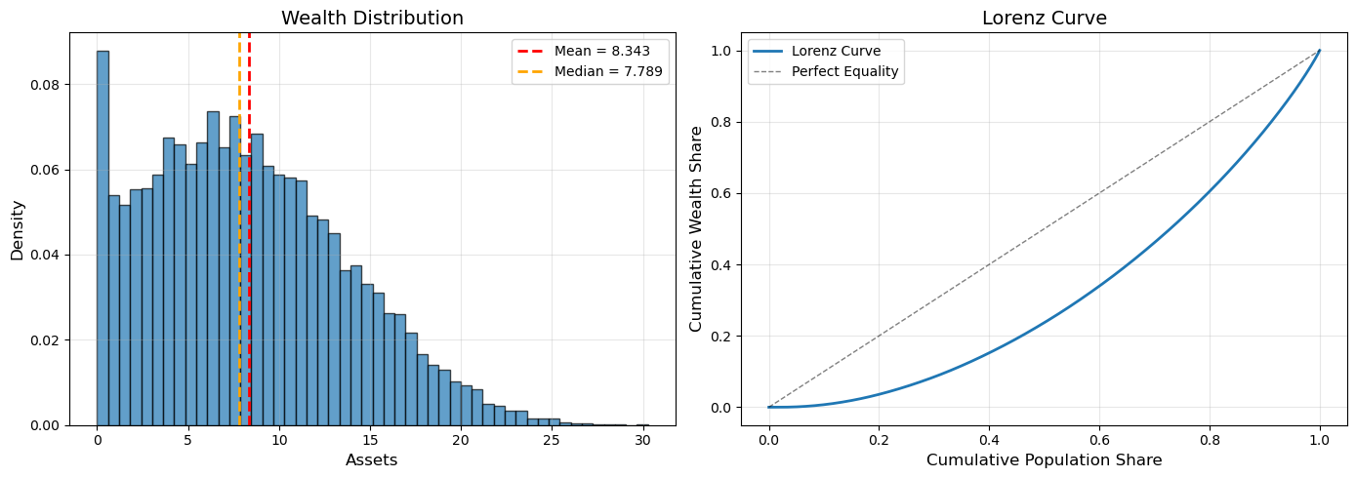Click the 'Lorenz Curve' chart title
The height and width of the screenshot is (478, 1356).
click(1044, 18)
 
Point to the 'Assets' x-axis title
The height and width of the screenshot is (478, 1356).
click(372, 459)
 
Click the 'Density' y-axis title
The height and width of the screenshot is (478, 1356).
click(17, 229)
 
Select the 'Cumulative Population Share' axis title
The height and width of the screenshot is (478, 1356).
click(1044, 459)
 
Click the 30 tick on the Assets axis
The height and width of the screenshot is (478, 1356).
click(641, 440)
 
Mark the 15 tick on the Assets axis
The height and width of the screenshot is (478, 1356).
click(369, 440)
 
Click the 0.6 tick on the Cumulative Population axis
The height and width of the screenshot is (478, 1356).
click(1099, 440)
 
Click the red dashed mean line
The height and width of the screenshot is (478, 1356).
click(249, 293)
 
